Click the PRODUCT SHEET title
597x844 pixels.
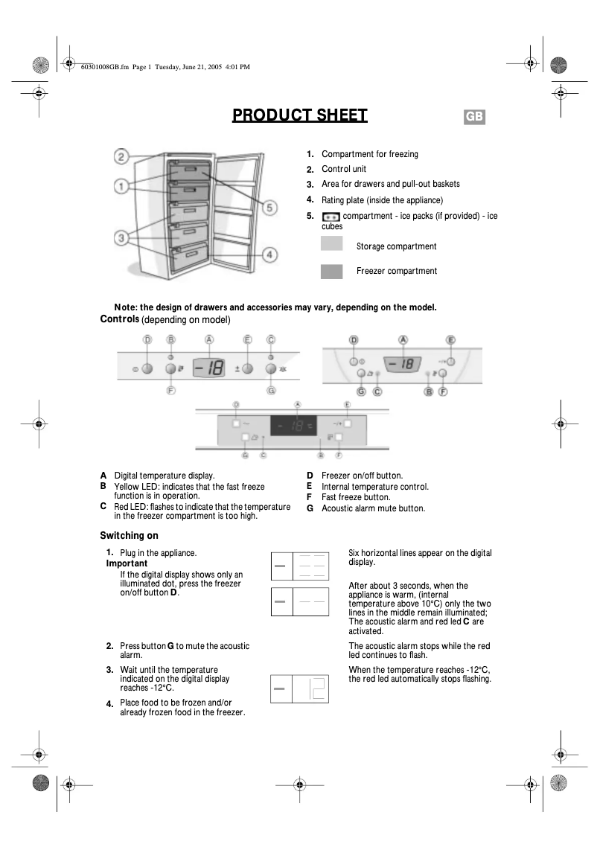(300, 115)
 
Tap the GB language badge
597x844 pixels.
(475, 118)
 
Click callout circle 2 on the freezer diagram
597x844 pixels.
(122, 156)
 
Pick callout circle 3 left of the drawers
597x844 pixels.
(122, 237)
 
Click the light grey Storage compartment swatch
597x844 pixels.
(331, 244)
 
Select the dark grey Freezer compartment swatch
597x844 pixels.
(331, 272)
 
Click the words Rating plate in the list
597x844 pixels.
(346, 200)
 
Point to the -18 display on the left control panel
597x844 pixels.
(209, 367)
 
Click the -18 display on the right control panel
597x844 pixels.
(403, 364)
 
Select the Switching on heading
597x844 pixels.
(129, 535)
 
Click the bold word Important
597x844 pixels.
(127, 563)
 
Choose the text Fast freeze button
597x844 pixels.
(356, 497)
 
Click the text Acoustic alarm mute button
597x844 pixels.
(373, 508)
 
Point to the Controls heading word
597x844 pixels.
(119, 319)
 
